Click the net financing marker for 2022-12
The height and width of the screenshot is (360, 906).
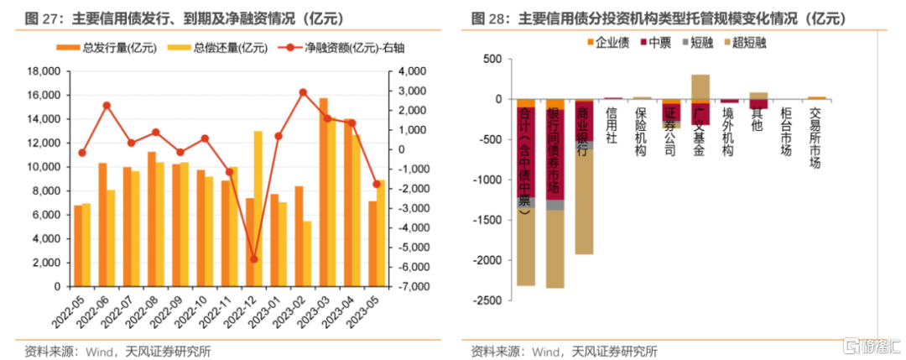[253, 258]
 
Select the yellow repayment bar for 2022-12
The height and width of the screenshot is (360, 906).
[258, 209]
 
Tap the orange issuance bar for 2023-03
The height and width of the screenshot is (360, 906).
[324, 192]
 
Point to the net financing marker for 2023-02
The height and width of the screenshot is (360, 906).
[303, 92]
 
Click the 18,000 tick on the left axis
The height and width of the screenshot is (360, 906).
[44, 71]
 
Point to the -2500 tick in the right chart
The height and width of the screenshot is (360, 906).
[489, 300]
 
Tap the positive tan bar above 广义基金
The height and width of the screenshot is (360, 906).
[700, 86]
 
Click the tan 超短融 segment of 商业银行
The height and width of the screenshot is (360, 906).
[584, 201]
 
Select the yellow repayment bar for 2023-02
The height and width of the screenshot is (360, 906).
[307, 253]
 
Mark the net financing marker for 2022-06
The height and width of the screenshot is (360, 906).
[107, 106]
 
